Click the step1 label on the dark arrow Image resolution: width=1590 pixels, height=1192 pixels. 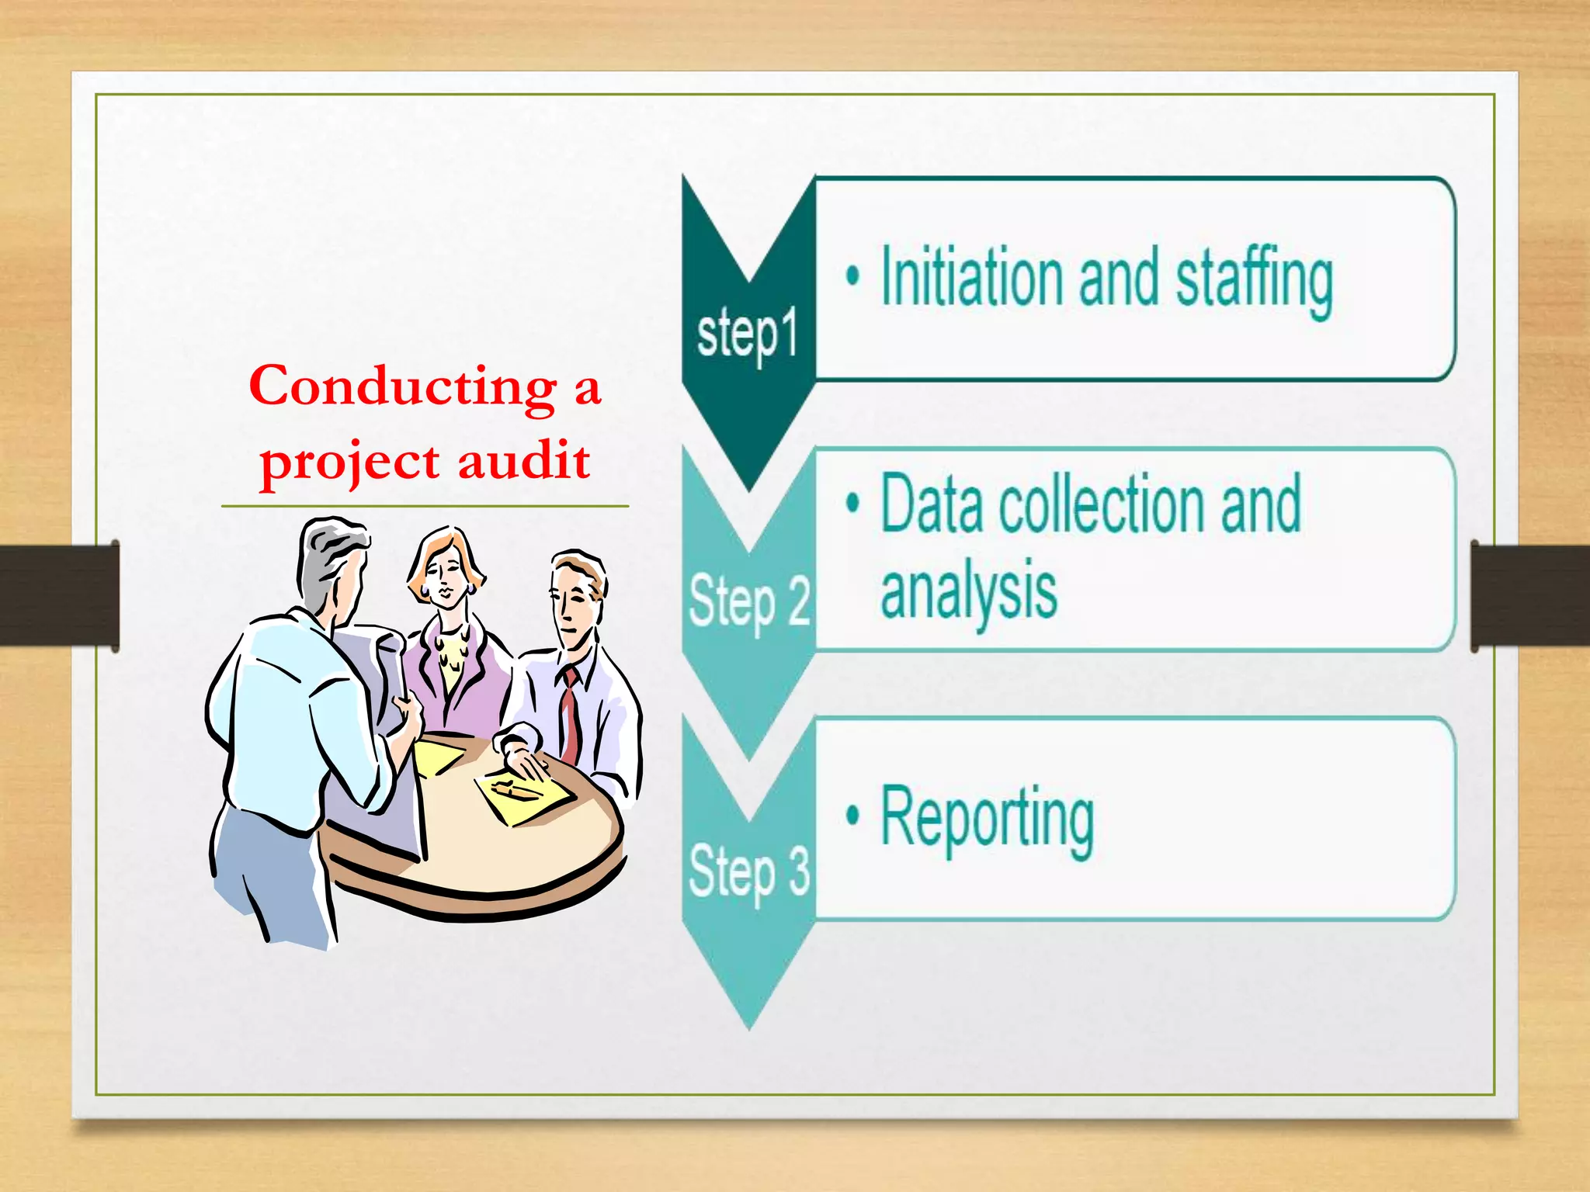coord(747,334)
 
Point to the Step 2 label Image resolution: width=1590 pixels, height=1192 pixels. coord(749,601)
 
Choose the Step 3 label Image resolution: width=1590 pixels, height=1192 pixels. coord(749,871)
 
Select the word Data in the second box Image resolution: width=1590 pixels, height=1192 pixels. coord(930,505)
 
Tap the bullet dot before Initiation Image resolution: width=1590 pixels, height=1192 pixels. coord(852,275)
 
